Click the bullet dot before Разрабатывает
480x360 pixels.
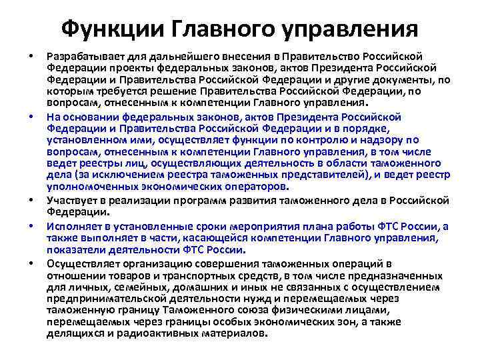(x=31, y=55)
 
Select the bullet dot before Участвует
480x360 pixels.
(x=31, y=200)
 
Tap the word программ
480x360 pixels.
(x=179, y=200)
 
